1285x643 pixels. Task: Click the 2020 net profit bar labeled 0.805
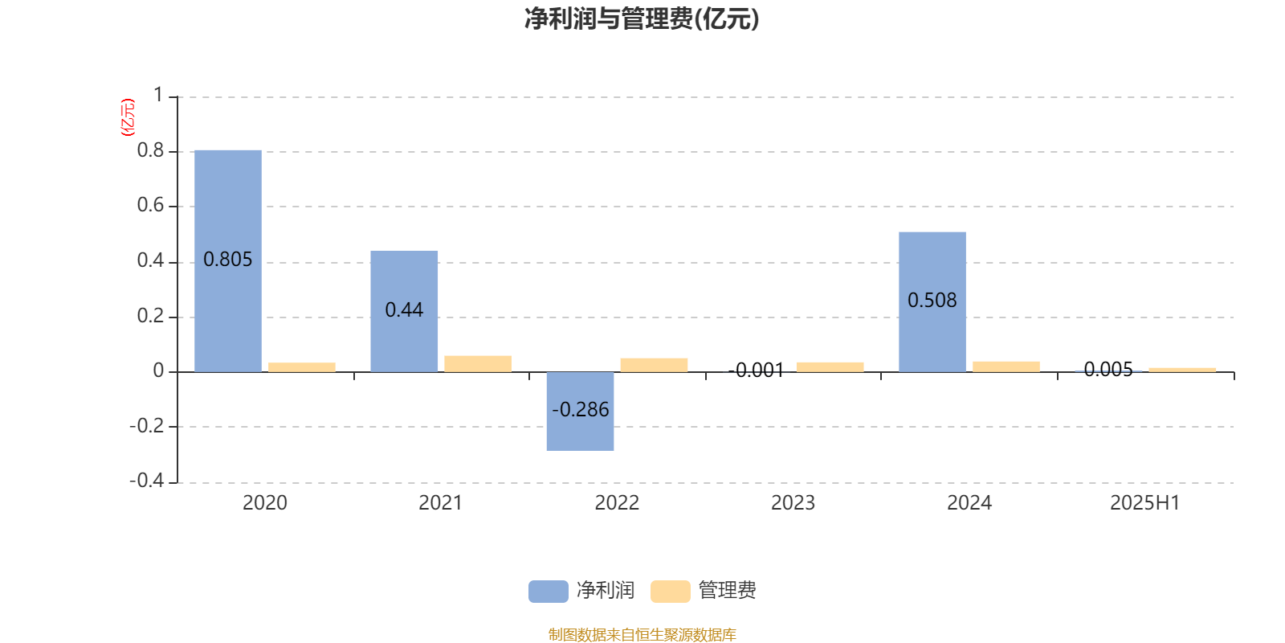pyautogui.click(x=228, y=261)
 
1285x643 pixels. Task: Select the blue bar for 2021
pyautogui.click(x=404, y=311)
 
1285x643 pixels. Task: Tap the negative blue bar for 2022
pyautogui.click(x=580, y=411)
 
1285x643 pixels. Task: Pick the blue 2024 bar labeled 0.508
pyautogui.click(x=932, y=302)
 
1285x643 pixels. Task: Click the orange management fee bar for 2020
pyautogui.click(x=302, y=367)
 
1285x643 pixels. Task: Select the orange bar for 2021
pyautogui.click(x=478, y=364)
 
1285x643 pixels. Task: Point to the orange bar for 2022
pyautogui.click(x=654, y=365)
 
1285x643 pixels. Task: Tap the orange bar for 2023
pyautogui.click(x=830, y=367)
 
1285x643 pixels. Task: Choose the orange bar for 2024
pyautogui.click(x=1006, y=367)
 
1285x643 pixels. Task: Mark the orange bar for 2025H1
pyautogui.click(x=1182, y=370)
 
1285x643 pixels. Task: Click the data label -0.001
pyautogui.click(x=756, y=371)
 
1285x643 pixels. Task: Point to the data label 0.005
pyautogui.click(x=1108, y=369)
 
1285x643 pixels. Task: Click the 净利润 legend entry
pyautogui.click(x=581, y=591)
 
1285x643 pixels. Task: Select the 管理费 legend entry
pyautogui.click(x=704, y=591)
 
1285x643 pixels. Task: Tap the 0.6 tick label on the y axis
pyautogui.click(x=150, y=205)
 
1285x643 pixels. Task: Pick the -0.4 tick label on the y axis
pyautogui.click(x=147, y=480)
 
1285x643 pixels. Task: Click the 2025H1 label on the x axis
pyautogui.click(x=1145, y=503)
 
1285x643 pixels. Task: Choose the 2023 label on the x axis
pyautogui.click(x=793, y=503)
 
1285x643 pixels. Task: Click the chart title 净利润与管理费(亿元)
pyautogui.click(x=642, y=19)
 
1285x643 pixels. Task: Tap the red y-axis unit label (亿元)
pyautogui.click(x=128, y=117)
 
